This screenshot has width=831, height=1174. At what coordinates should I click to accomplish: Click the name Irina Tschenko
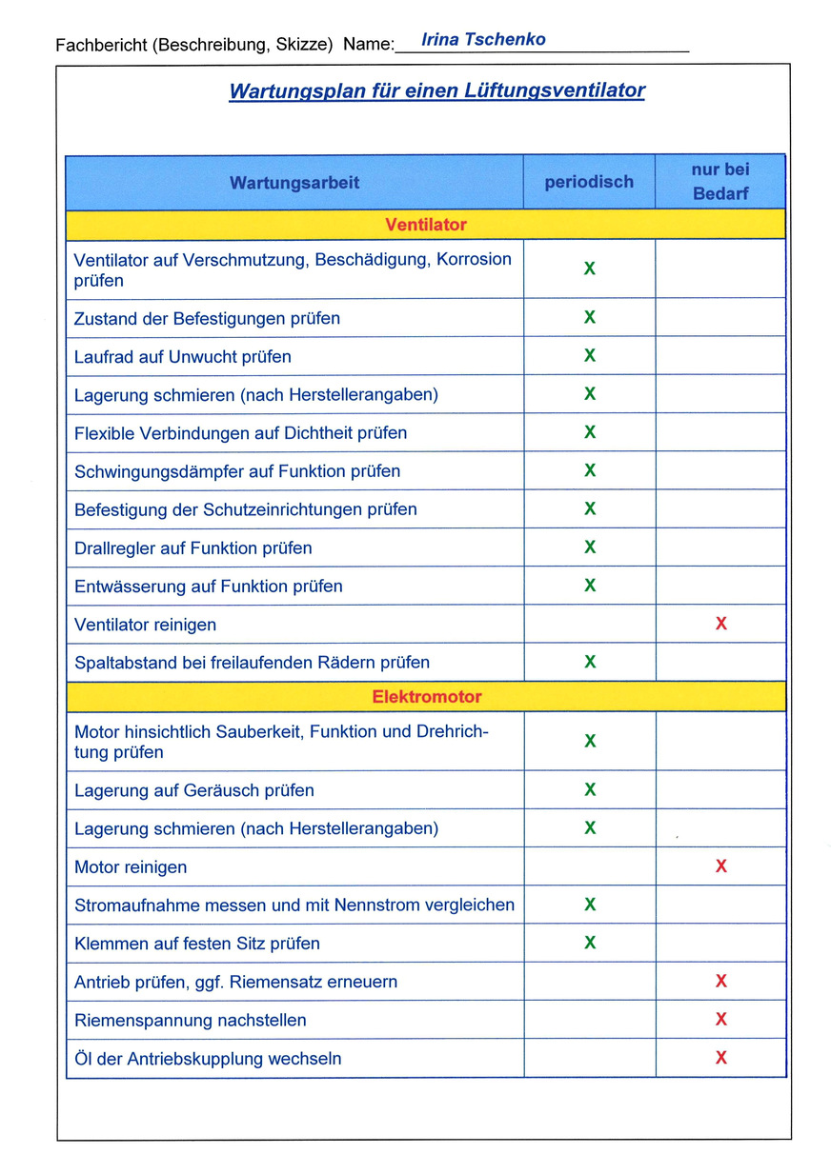point(483,40)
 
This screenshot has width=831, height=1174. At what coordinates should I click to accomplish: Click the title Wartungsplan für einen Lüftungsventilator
point(436,91)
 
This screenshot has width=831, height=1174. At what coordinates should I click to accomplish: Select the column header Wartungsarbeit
point(294,182)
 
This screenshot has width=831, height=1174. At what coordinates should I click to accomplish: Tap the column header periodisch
point(589,182)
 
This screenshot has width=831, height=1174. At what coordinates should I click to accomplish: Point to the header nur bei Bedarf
point(720,181)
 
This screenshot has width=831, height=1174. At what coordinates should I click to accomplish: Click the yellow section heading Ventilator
point(426,225)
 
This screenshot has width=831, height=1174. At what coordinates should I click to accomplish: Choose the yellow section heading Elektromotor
point(426,697)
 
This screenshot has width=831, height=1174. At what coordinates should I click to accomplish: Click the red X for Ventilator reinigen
point(721,624)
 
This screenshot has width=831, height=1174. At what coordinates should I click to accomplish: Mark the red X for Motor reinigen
point(721,866)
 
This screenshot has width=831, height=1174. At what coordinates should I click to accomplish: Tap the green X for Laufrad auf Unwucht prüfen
point(590,356)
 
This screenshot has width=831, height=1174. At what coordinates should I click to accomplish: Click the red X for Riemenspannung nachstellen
point(721,1020)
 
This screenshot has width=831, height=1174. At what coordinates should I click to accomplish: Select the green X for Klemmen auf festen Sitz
point(590,943)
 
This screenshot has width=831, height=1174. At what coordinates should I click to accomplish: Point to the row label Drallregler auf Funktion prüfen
point(193,547)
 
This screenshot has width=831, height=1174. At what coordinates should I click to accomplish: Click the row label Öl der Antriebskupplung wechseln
point(208,1058)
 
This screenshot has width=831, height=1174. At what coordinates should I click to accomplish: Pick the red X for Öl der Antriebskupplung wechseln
point(721,1058)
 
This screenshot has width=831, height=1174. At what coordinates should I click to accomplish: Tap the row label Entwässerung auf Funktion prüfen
point(209,586)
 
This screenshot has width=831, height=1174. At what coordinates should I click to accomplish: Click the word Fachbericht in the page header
point(100,45)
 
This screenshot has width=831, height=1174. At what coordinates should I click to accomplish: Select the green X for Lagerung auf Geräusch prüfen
point(590,789)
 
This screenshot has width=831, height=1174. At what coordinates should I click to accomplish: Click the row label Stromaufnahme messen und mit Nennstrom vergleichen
point(294,905)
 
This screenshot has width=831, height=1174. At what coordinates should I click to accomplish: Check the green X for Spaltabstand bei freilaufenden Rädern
point(590,662)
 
